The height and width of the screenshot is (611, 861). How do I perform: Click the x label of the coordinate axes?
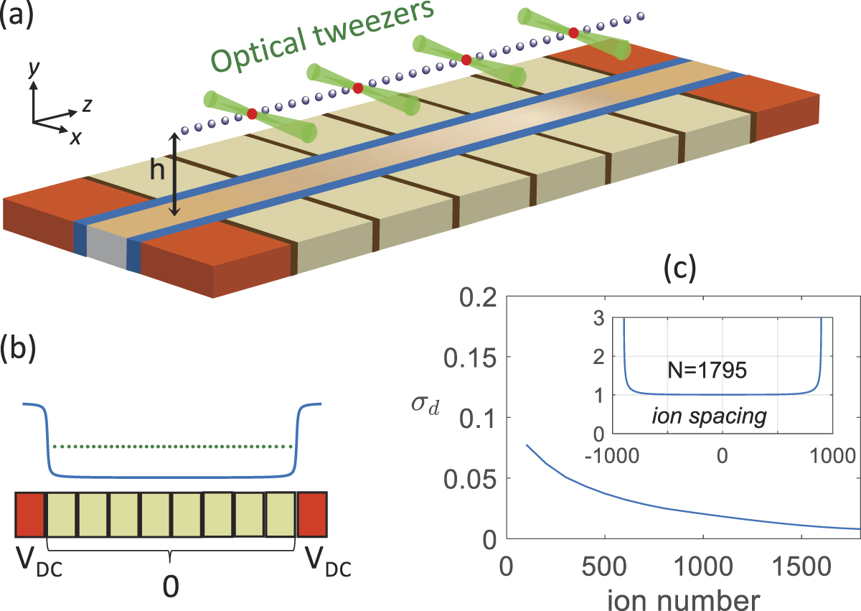[x=75, y=138]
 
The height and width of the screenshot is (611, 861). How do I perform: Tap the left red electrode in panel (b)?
[x=30, y=514]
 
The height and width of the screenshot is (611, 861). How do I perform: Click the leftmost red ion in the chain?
[x=252, y=113]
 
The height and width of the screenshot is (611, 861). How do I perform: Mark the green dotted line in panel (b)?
[x=172, y=447]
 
